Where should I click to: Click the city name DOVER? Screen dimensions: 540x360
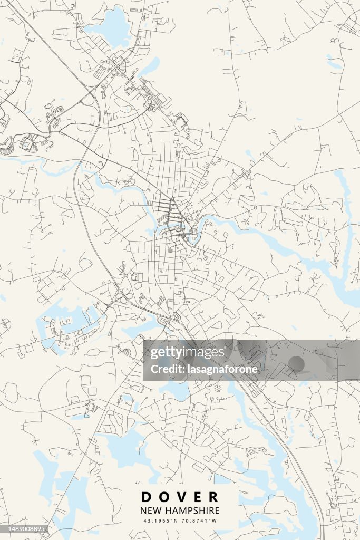pos(180,497)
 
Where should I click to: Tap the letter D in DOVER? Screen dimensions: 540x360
pos(145,497)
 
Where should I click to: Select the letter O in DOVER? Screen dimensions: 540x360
pos(163,497)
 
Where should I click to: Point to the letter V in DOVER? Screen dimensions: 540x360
pos(180,497)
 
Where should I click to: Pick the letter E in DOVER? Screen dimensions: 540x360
pos(197,497)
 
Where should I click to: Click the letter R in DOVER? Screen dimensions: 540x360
pos(213,497)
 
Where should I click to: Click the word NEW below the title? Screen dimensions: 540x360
pos(151,510)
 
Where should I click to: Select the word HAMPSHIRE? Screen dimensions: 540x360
pos(192,510)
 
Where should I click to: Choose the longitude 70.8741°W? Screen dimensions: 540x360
pos(199,521)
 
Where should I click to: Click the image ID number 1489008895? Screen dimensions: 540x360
pos(25,528)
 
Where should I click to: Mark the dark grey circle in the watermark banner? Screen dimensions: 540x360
pos(296,364)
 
